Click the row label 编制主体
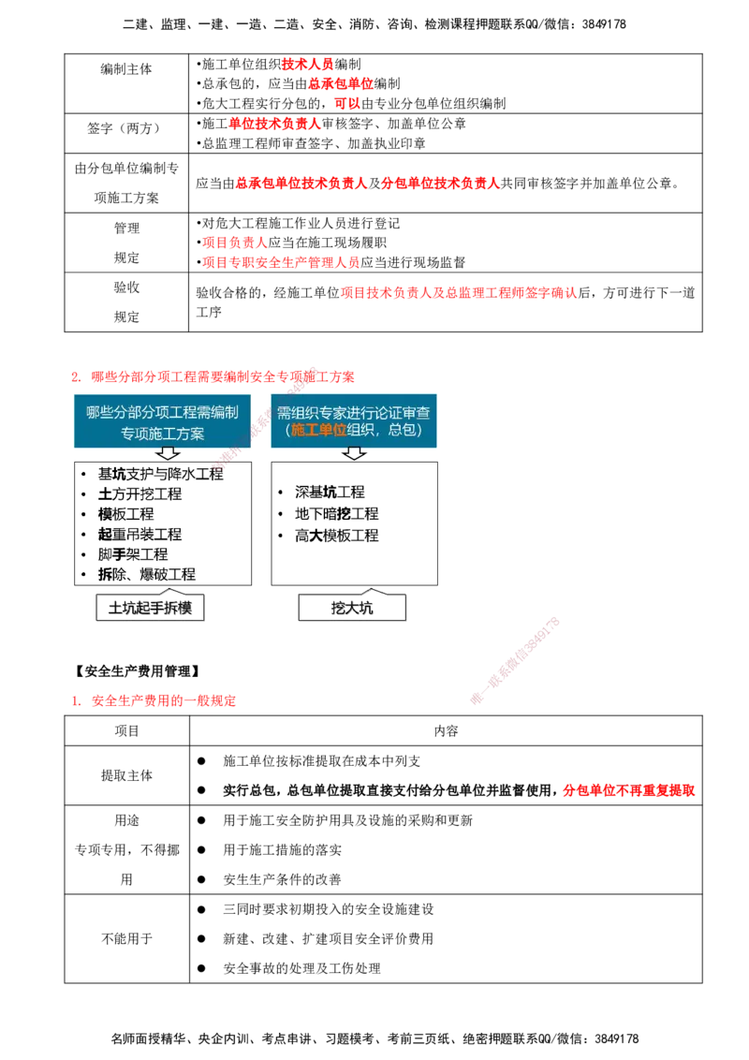tap(126, 69)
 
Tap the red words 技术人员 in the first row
tap(308, 65)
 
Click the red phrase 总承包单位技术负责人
tap(301, 184)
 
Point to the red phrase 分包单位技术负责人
tap(440, 184)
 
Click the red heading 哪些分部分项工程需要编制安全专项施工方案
tap(223, 376)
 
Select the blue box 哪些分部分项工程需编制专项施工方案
tap(162, 421)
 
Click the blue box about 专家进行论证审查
tap(354, 420)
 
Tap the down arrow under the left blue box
tap(167, 453)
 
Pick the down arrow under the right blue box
tap(354, 453)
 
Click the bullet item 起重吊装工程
tap(140, 534)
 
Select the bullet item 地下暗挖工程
tap(337, 514)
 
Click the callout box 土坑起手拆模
tap(150, 607)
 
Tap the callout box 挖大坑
tap(352, 607)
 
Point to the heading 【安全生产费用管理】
tap(138, 671)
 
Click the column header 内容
tap(447, 730)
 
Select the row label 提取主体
tap(127, 775)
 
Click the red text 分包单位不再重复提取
tap(628, 790)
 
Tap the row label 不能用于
tap(127, 938)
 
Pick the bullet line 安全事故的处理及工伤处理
tap(302, 968)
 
